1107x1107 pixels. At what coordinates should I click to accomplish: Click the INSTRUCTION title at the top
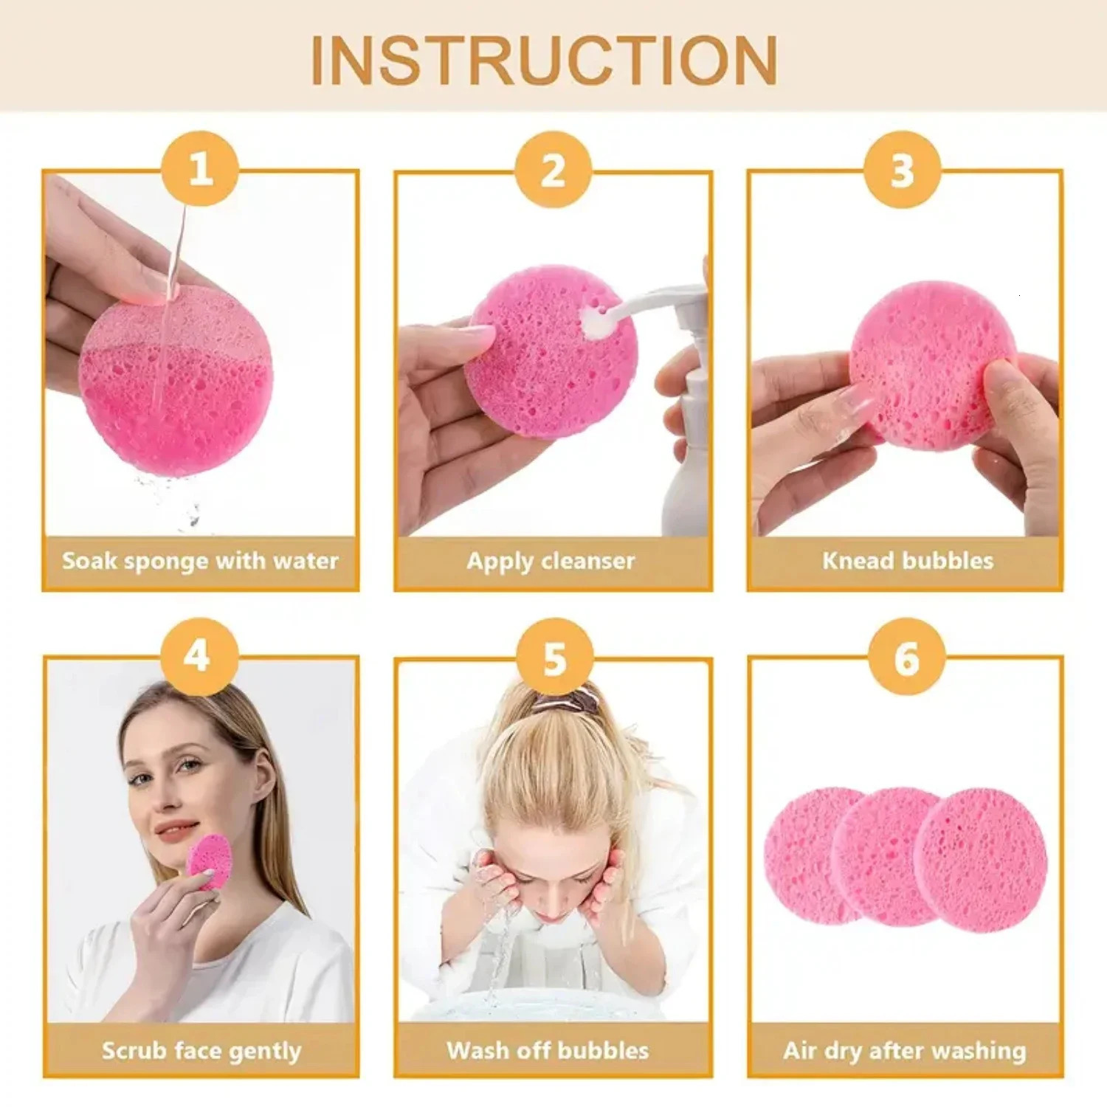[544, 61]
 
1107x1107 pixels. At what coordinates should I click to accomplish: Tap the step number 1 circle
[200, 170]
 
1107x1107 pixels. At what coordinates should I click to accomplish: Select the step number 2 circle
[553, 170]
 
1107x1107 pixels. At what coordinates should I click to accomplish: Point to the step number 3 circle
[903, 170]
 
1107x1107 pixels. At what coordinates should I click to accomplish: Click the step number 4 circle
[199, 656]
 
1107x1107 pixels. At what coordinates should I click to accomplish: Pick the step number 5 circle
[554, 658]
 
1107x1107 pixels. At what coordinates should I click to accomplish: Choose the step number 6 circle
[906, 658]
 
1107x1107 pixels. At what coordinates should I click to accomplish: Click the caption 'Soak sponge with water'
[200, 562]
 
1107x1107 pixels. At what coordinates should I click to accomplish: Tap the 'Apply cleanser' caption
[551, 562]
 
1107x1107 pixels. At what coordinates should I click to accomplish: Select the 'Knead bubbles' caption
[908, 562]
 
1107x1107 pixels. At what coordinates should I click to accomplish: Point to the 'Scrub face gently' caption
[201, 1051]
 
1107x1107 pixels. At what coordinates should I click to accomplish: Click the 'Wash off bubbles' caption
[548, 1051]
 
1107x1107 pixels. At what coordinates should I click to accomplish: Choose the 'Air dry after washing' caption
[905, 1051]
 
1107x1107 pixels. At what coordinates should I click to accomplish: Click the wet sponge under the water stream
[177, 384]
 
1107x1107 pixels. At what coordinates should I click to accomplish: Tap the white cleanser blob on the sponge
[594, 322]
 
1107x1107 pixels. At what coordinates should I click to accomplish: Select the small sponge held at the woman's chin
[209, 861]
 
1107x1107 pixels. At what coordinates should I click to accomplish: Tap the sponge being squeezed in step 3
[931, 365]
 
